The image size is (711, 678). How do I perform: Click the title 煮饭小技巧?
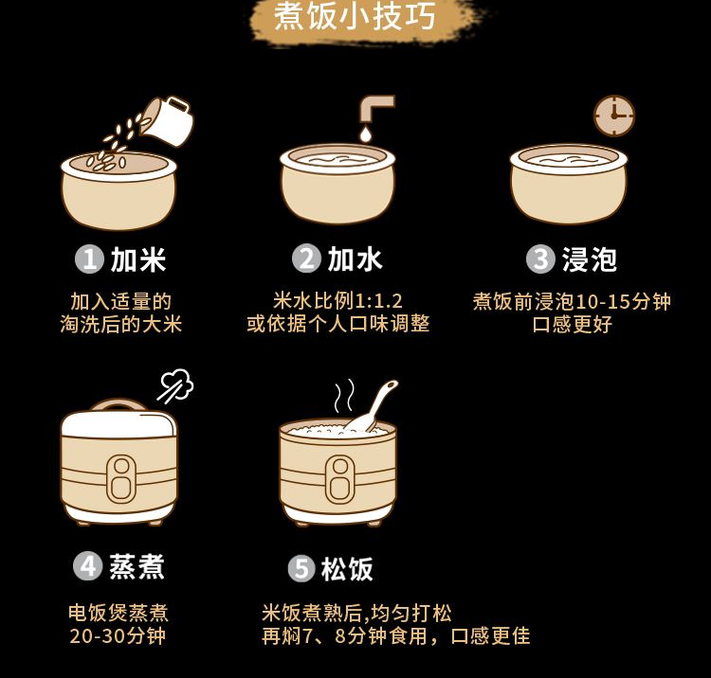(x=355, y=17)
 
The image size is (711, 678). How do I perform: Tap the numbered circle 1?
(x=89, y=259)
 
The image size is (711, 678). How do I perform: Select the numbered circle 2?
(x=306, y=259)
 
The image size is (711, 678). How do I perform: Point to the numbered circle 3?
(x=540, y=259)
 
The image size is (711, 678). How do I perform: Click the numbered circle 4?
(x=87, y=566)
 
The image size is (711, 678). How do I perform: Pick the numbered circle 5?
(x=301, y=569)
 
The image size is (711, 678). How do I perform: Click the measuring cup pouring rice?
(x=168, y=121)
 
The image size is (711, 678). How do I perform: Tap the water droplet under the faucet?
(x=366, y=134)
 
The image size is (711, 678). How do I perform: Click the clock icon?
(x=614, y=116)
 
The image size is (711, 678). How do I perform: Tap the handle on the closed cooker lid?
(x=118, y=404)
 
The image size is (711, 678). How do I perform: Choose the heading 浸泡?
(x=590, y=259)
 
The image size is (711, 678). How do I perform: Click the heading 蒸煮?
(x=137, y=566)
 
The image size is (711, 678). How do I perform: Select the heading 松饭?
(x=347, y=569)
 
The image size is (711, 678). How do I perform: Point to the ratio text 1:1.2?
(x=379, y=301)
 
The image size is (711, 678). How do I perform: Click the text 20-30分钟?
(x=118, y=636)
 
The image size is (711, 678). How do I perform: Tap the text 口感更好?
(x=572, y=324)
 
